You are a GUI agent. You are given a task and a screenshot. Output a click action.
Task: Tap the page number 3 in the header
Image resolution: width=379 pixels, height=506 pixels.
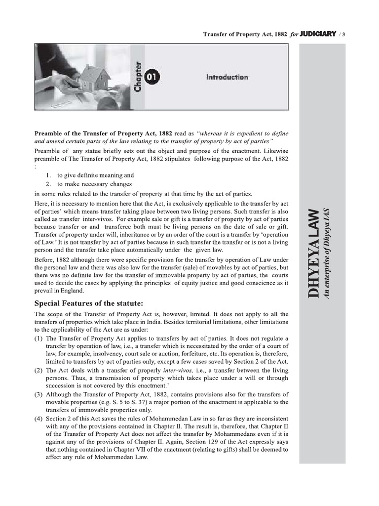(x=343, y=34)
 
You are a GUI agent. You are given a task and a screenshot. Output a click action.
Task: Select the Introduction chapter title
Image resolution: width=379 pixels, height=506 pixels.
(x=227, y=77)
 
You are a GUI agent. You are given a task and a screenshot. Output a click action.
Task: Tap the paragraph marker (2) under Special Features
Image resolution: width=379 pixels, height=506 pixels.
(x=38, y=370)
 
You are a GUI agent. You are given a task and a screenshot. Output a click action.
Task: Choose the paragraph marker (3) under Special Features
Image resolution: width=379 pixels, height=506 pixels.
(x=38, y=394)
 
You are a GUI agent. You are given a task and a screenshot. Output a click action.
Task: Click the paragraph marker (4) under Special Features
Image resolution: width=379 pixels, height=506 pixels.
(x=38, y=418)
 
